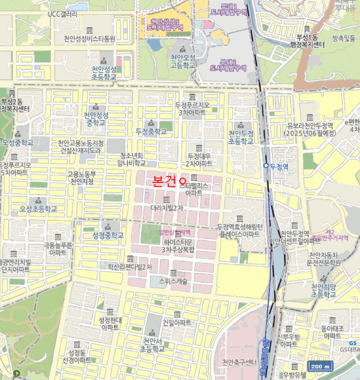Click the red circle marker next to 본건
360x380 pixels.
(x=182, y=180)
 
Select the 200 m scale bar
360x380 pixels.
(x=320, y=366)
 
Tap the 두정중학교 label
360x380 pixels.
(x=151, y=131)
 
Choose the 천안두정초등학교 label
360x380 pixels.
(x=241, y=137)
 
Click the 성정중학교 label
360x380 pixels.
(x=110, y=235)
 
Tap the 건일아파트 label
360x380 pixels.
(x=176, y=322)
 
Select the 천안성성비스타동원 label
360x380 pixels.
(x=90, y=39)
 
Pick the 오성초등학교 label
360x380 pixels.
(x=38, y=208)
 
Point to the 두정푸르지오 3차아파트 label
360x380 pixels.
(x=192, y=108)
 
